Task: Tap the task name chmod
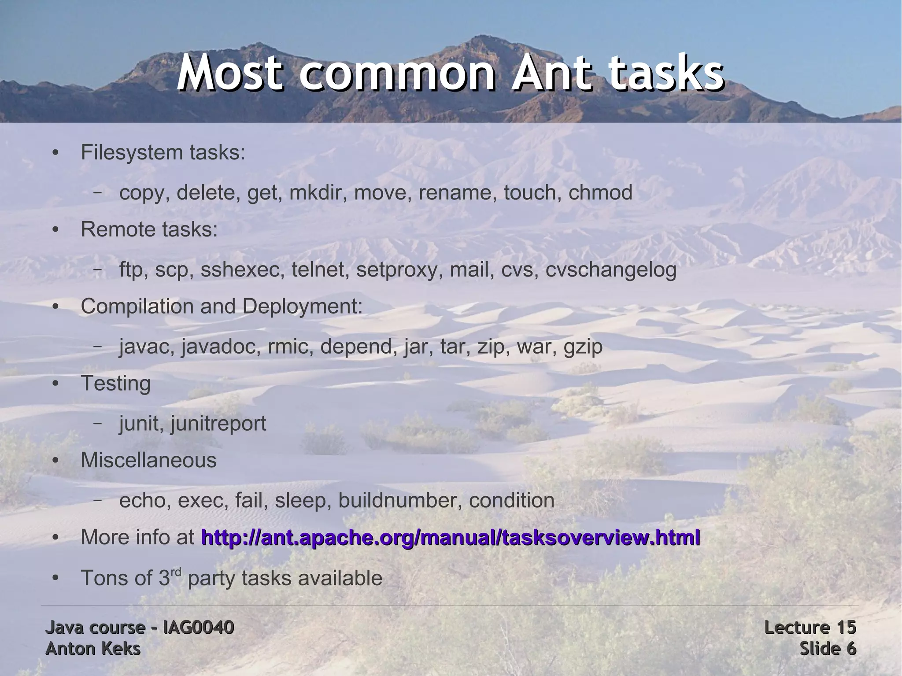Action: (x=600, y=192)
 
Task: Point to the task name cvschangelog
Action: (x=611, y=270)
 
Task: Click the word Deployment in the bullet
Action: (x=302, y=307)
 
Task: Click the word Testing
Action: (x=115, y=383)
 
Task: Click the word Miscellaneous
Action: (x=148, y=460)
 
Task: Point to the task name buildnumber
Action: (x=400, y=500)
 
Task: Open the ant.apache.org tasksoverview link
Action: (x=450, y=538)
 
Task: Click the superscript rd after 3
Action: (x=176, y=572)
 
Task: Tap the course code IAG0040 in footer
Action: (x=198, y=628)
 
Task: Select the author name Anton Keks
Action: (x=93, y=649)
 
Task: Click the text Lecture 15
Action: (x=810, y=628)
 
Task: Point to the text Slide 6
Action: (x=828, y=649)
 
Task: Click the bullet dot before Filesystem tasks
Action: (x=55, y=153)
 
